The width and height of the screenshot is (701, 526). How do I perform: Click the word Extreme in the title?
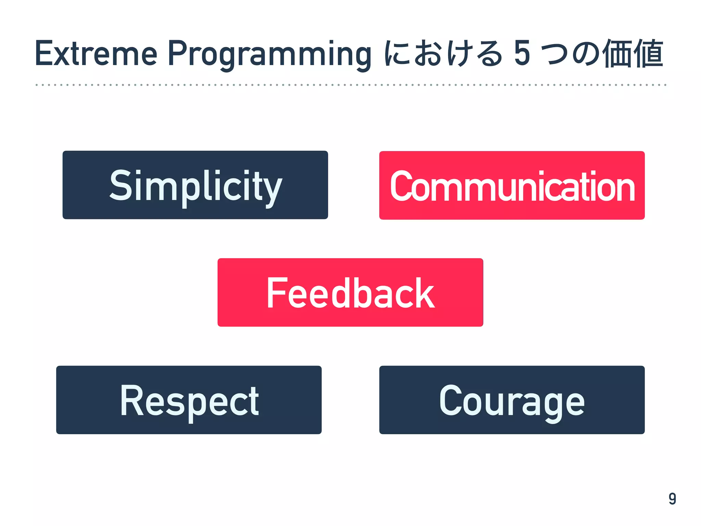pos(96,53)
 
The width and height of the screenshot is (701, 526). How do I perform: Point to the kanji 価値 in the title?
pos(632,54)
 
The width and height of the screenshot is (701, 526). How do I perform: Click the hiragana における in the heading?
pos(443,53)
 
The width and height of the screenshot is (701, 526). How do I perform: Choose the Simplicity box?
pos(195,185)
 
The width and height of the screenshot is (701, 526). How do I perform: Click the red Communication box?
pos(512,185)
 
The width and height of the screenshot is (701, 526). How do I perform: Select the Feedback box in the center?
pos(350,292)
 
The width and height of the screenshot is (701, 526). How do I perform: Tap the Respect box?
pos(189,400)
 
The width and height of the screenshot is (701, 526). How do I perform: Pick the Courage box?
pos(512,400)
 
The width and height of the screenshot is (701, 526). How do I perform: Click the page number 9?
pos(672,499)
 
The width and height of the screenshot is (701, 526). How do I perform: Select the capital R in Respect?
pos(131,400)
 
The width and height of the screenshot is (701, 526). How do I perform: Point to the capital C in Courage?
pos(450,400)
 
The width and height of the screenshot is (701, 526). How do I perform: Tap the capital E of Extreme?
pos(44,53)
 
